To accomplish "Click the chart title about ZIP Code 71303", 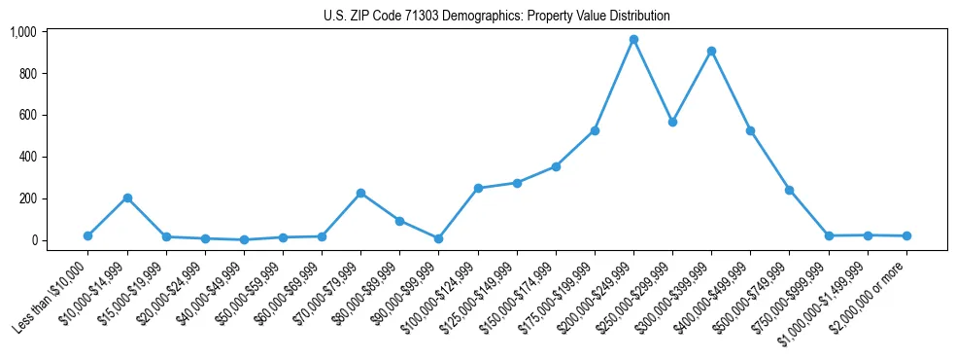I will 496,17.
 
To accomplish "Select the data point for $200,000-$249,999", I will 633,40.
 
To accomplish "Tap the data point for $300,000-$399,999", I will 711,51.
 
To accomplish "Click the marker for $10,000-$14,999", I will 127,198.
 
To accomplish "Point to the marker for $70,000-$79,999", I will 360,193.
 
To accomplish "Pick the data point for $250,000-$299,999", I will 672,122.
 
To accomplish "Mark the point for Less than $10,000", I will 88,235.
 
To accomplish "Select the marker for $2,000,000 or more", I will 906,235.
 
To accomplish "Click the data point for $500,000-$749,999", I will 790,190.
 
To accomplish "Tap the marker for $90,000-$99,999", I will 438,238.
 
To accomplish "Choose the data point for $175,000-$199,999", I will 595,130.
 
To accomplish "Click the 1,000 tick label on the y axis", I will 22,32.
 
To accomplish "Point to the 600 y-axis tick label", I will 26,115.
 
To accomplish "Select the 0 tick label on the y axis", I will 32,240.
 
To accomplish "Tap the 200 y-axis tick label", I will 26,198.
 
